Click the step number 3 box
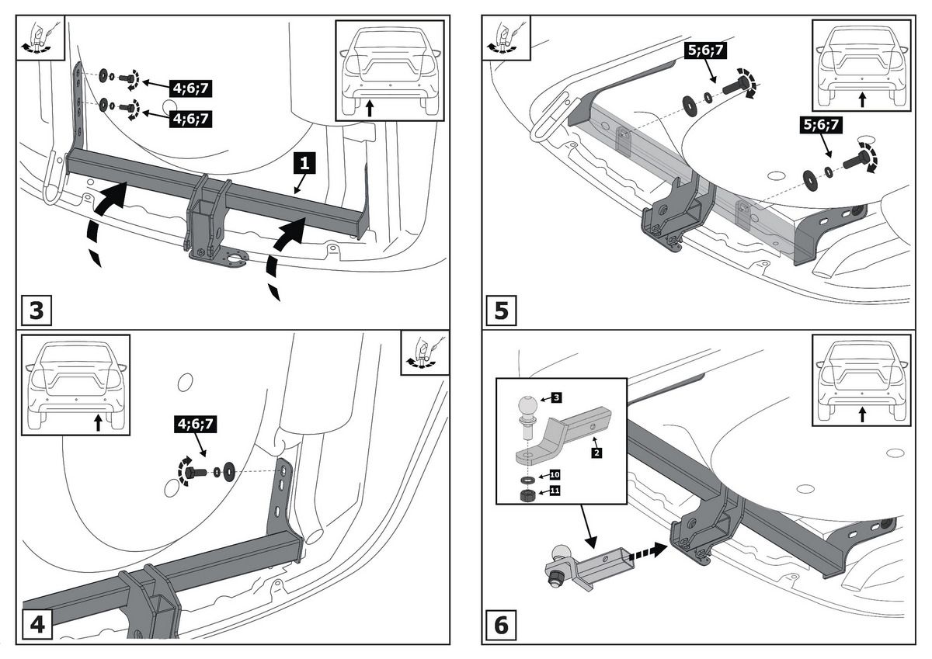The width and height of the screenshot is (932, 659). click(x=37, y=310)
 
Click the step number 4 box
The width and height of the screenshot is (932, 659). click(x=37, y=625)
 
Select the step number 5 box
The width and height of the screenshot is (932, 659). click(x=502, y=310)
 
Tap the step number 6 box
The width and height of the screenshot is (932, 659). click(x=502, y=625)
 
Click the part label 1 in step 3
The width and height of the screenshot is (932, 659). click(x=304, y=162)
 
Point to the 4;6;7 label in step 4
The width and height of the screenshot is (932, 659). click(x=195, y=424)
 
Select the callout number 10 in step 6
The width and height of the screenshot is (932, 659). click(x=555, y=474)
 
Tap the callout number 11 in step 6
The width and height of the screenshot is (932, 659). click(x=555, y=491)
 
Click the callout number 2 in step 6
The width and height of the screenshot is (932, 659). click(x=596, y=453)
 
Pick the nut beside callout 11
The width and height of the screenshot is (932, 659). click(x=528, y=495)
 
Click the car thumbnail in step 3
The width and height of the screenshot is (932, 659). click(x=390, y=71)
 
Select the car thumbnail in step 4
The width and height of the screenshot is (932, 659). click(x=76, y=385)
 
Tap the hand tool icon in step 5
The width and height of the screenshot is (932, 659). click(x=506, y=38)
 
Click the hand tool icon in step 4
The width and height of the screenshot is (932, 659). click(x=425, y=352)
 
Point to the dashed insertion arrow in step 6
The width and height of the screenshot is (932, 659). click(x=648, y=550)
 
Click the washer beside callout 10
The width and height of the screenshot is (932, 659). click(x=528, y=480)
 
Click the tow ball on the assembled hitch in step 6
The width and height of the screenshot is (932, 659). click(x=561, y=553)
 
